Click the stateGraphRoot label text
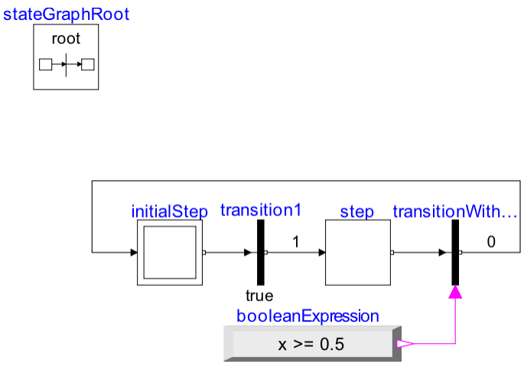click(66, 14)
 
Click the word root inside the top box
click(66, 38)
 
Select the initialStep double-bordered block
click(170, 252)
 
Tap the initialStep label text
click(170, 211)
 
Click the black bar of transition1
click(260, 252)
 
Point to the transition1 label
click(261, 210)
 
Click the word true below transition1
click(259, 296)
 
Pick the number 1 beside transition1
click(295, 242)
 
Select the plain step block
click(357, 252)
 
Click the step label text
click(357, 211)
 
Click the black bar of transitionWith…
click(455, 252)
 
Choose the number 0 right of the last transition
click(491, 242)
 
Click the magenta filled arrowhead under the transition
click(455, 292)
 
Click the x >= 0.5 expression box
click(311, 344)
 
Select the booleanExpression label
click(308, 315)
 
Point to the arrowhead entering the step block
click(321, 252)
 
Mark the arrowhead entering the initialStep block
click(133, 252)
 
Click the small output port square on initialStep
click(204, 252)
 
